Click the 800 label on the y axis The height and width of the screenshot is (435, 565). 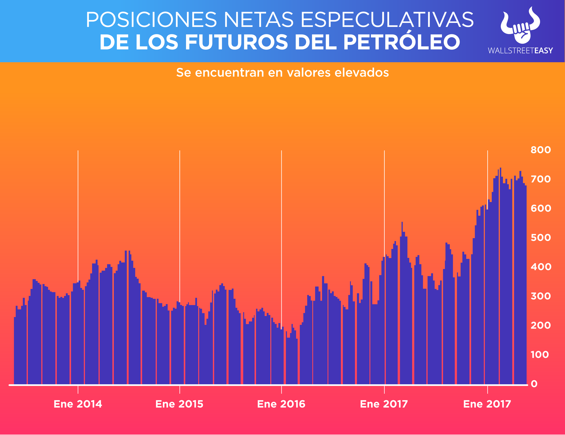pyautogui.click(x=540, y=150)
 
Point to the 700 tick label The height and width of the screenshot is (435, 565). pyautogui.click(x=540, y=179)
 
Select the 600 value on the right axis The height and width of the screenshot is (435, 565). pyautogui.click(x=540, y=208)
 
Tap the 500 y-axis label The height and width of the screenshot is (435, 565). pyautogui.click(x=540, y=238)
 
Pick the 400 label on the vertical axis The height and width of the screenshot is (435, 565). pyautogui.click(x=540, y=267)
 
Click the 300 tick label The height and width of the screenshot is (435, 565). pyautogui.click(x=540, y=296)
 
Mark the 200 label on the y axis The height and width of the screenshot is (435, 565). pyautogui.click(x=540, y=325)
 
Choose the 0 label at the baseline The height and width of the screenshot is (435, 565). pyautogui.click(x=534, y=384)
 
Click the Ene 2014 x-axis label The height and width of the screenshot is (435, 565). pyautogui.click(x=78, y=404)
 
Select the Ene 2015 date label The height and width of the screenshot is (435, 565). pyautogui.click(x=179, y=404)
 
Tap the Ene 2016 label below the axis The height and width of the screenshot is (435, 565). pyautogui.click(x=281, y=404)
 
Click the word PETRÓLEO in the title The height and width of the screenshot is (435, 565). pyautogui.click(x=402, y=42)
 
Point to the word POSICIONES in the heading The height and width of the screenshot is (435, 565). pyautogui.click(x=151, y=20)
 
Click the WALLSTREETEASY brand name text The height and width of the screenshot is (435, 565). pyautogui.click(x=520, y=51)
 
